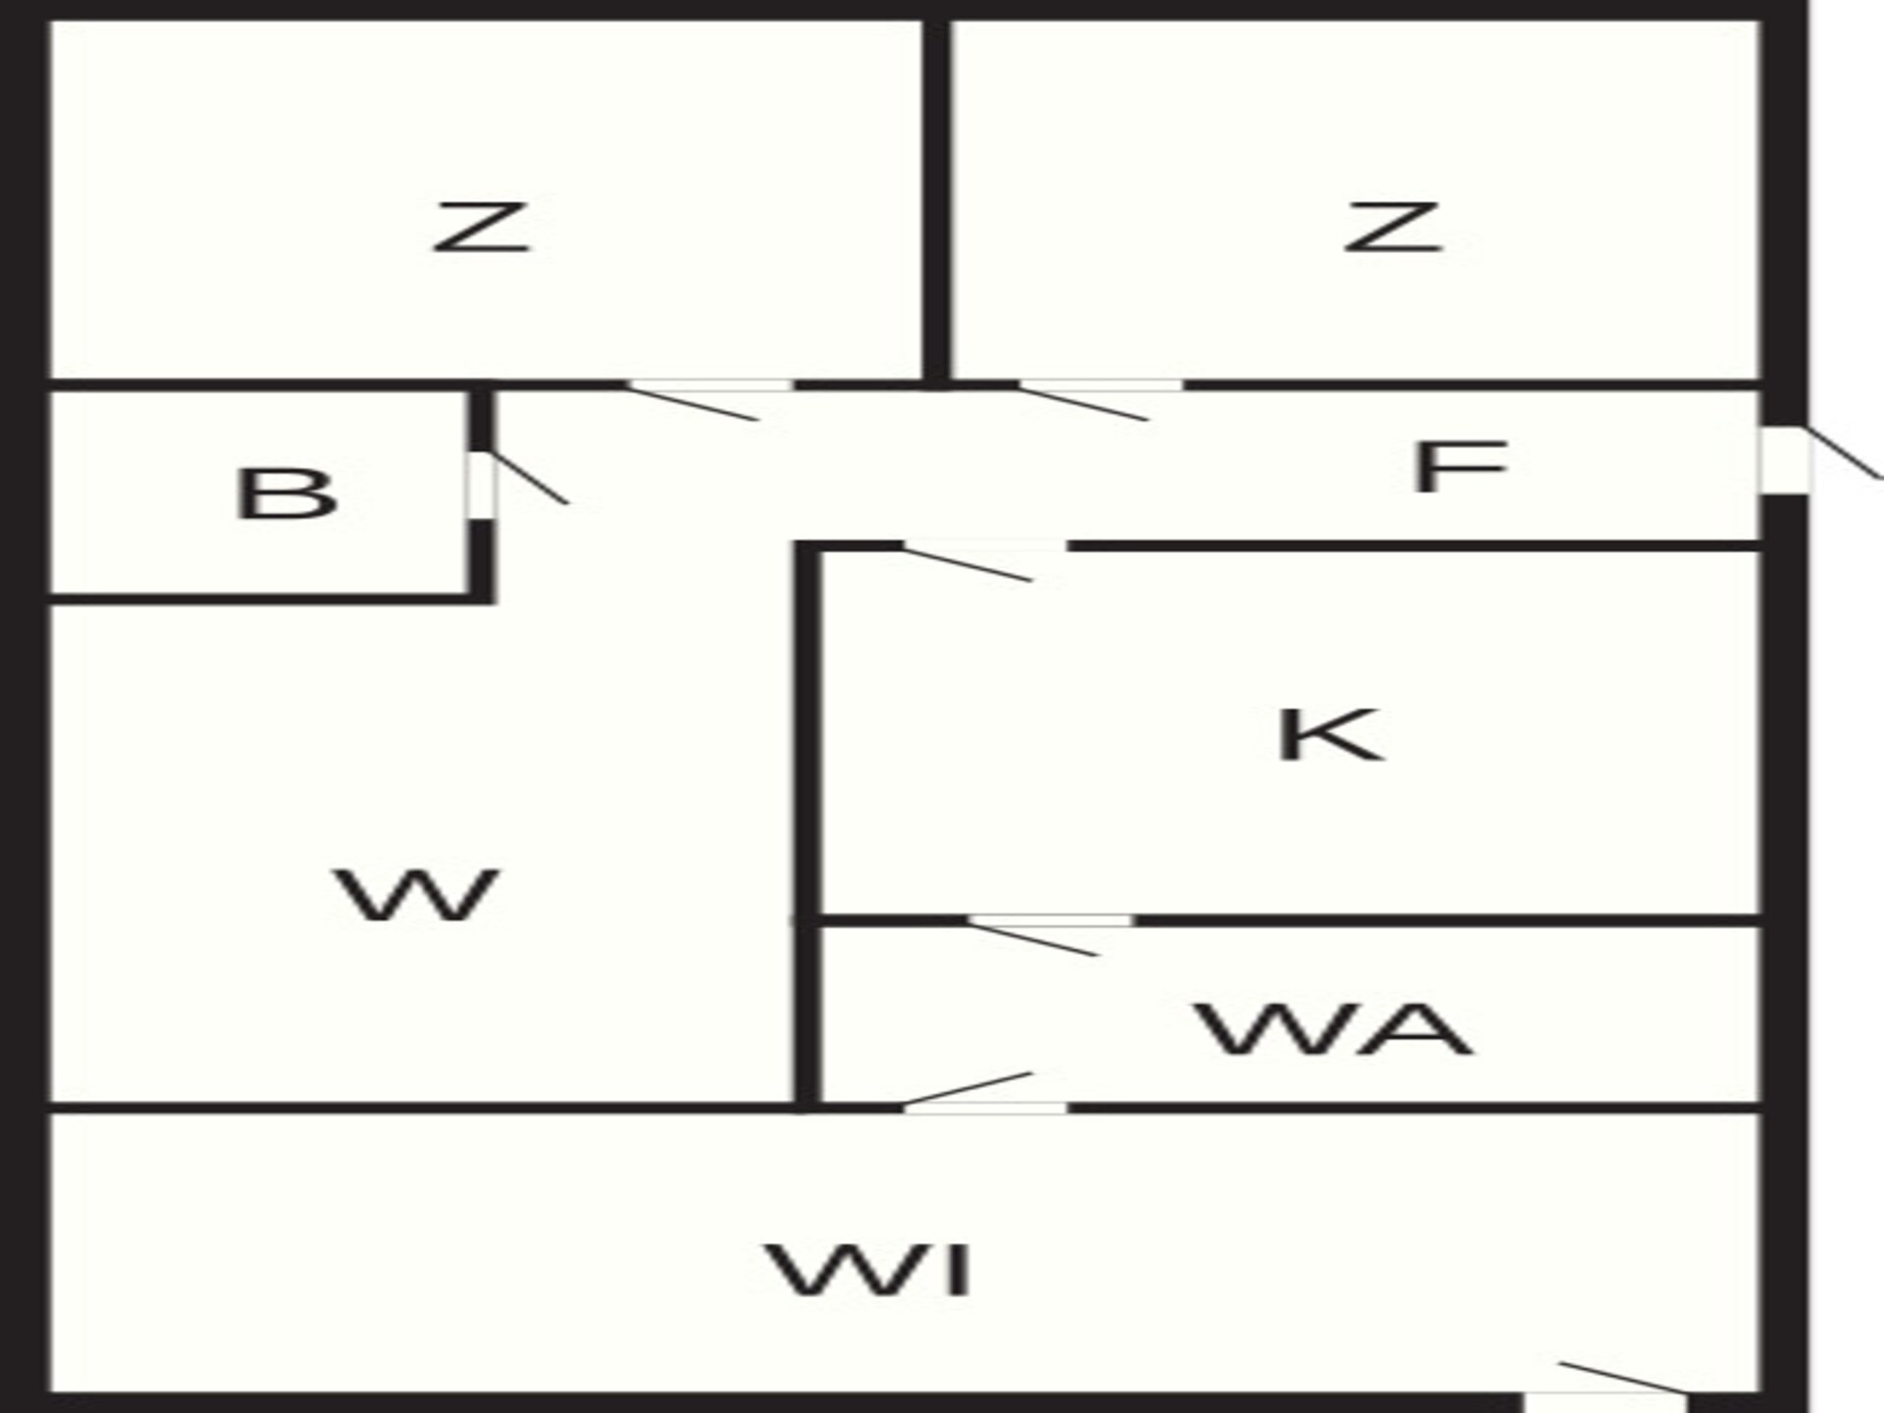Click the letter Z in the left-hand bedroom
(x=481, y=228)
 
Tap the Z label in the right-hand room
(x=1392, y=228)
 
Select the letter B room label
(x=286, y=494)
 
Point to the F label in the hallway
(x=1459, y=467)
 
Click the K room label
(x=1330, y=734)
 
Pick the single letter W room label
(x=418, y=894)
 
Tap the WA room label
(x=1334, y=1028)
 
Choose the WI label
(x=869, y=1270)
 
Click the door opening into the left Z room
(x=708, y=399)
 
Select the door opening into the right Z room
(x=1100, y=399)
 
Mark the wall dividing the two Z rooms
(x=937, y=200)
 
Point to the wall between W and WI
(x=422, y=1108)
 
